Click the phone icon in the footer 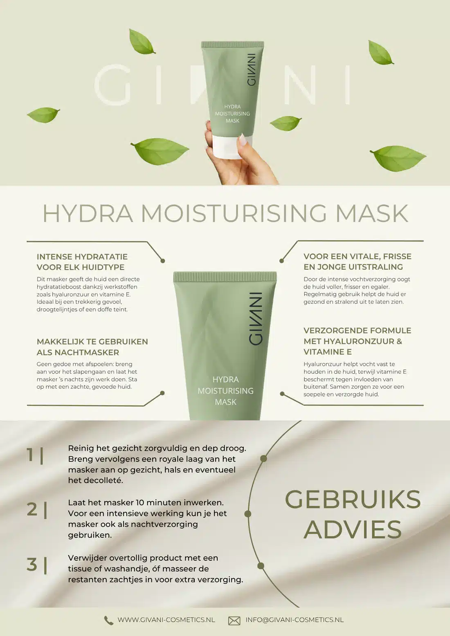point(108,620)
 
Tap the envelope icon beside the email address point(234,621)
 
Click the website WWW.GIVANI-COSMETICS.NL point(166,620)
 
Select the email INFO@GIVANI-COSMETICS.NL point(295,620)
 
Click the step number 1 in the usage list point(30,455)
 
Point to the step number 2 point(32,509)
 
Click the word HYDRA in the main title point(88,213)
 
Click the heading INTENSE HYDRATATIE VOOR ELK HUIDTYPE point(82,262)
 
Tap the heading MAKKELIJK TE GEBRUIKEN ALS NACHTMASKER point(92,347)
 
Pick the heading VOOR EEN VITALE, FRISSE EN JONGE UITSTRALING point(358,262)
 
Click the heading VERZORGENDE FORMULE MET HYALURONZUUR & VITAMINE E point(358,341)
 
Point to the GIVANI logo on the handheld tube point(251,69)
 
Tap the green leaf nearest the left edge point(43,115)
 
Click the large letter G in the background point(112,85)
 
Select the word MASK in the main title point(372,213)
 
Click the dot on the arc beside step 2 point(248,514)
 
